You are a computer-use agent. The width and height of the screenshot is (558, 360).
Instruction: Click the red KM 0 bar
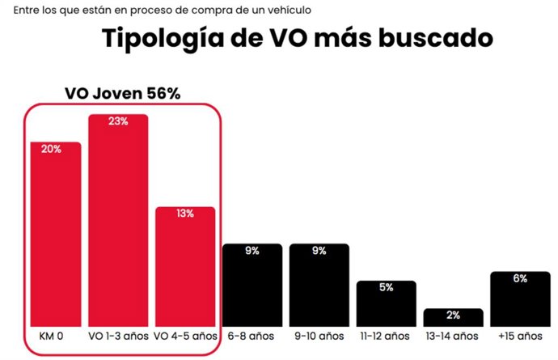56,235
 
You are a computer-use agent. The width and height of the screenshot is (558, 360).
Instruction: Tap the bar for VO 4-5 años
185,267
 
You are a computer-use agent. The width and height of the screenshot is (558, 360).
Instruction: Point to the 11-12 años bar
386,303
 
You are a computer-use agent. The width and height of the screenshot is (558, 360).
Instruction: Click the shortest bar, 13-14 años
453,317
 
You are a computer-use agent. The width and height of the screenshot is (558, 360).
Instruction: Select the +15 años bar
520,299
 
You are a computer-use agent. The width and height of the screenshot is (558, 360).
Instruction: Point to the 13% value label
185,214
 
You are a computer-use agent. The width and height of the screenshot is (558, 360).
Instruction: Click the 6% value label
520,279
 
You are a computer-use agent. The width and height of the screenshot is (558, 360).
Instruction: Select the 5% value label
386,288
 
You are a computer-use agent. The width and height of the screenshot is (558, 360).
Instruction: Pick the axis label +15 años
520,336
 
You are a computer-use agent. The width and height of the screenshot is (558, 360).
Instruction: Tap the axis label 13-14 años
453,336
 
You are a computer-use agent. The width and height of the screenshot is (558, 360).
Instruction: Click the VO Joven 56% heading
122,93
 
